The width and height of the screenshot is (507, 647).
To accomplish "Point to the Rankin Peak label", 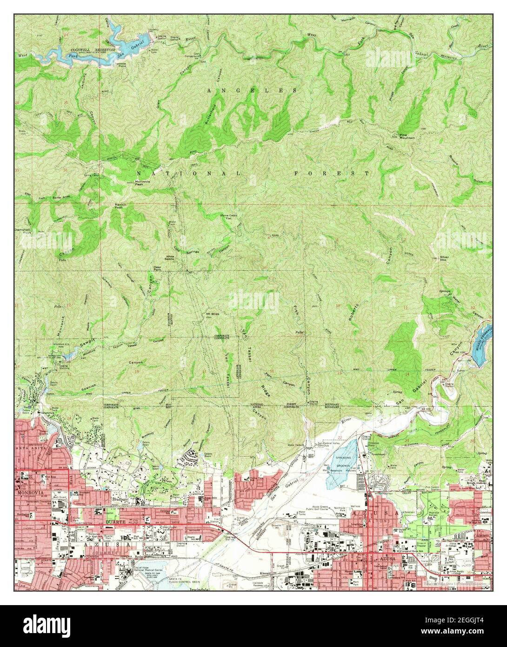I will point(121,206).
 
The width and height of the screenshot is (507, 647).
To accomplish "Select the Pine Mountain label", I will point(407,136).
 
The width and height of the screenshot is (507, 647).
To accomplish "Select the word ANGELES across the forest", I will point(251,89).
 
